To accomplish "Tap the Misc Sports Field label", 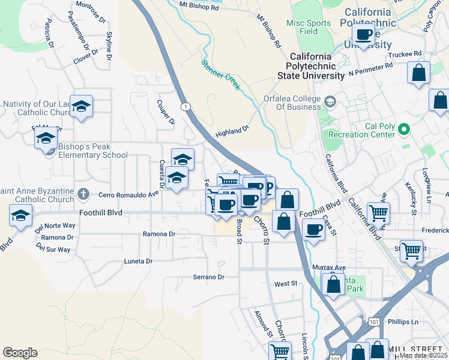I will click(x=309, y=27).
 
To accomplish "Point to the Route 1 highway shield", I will click(x=187, y=106).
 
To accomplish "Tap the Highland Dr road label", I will click(x=232, y=131).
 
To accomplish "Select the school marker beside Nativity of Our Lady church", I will click(x=82, y=107).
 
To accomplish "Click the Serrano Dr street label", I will click(x=208, y=277).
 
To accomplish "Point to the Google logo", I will click(x=20, y=353).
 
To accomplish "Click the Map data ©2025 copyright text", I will click(x=423, y=355).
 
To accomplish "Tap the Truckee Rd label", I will click(x=405, y=54).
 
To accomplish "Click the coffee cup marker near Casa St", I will click(x=313, y=230).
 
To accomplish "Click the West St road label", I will click(x=286, y=283).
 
